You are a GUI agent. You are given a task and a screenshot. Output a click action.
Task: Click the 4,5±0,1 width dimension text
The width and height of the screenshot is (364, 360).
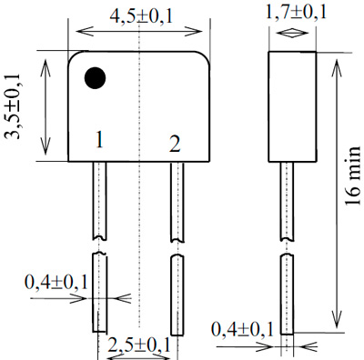141,16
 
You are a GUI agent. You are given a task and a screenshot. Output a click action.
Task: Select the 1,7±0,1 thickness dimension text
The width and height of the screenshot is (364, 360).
296,13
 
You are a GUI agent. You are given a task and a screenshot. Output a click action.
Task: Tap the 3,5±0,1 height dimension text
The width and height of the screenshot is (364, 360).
13,106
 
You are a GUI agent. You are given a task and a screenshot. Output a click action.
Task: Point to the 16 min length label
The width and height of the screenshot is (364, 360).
353,175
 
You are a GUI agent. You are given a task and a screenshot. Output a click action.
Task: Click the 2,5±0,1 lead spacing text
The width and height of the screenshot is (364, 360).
139,345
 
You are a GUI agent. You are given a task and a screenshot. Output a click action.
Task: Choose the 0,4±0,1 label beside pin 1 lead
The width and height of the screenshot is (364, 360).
56,282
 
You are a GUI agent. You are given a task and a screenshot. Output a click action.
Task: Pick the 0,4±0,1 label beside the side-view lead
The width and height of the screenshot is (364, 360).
242,330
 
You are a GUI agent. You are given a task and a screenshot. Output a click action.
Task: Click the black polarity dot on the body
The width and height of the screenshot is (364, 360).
95,78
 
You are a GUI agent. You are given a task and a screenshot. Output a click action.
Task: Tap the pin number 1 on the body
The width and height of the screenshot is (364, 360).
99,140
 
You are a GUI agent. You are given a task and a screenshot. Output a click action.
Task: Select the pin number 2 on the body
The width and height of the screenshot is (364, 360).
175,144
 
